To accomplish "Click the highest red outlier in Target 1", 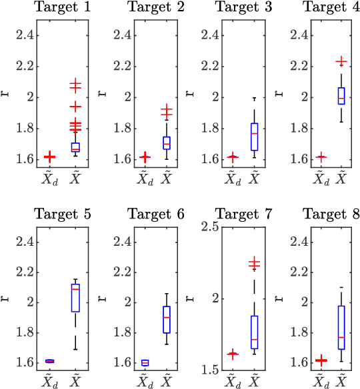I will click(75, 85).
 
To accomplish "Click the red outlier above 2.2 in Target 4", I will click(341, 61).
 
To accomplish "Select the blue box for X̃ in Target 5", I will click(75, 297).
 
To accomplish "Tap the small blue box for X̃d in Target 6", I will click(145, 362).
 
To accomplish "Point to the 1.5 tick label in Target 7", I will click(210, 370).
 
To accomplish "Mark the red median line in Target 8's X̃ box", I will click(341, 337).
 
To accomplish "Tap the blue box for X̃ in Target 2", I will click(166, 143).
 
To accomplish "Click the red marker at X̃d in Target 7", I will click(233, 354).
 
